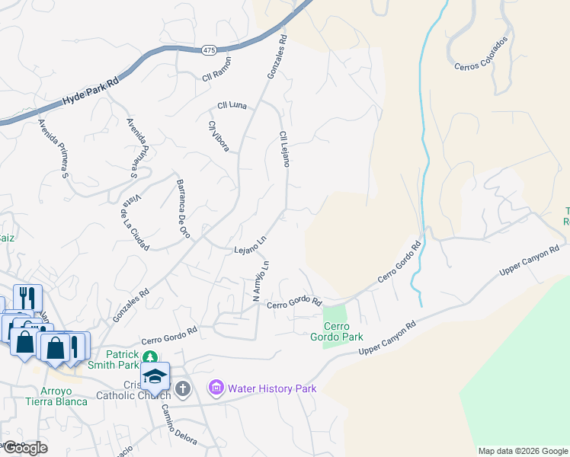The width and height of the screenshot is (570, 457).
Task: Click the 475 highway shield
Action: [x=210, y=50]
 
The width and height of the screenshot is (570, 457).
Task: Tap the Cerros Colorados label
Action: [x=481, y=53]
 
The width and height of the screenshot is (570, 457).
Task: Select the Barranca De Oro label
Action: [x=183, y=209]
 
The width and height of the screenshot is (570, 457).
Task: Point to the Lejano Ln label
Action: [x=250, y=244]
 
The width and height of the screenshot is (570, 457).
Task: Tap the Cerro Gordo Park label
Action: [x=338, y=331]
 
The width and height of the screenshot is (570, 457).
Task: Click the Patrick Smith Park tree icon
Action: [x=152, y=356]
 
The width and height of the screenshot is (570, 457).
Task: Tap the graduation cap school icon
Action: [x=155, y=376]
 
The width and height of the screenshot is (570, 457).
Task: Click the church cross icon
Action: [x=182, y=389]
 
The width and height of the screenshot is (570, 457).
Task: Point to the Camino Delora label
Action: [x=178, y=423]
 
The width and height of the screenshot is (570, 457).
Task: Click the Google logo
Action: [x=25, y=448]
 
